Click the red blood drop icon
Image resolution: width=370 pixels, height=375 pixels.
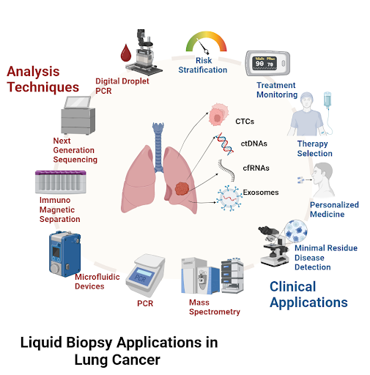pos(126,53)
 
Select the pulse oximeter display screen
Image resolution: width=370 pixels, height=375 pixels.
pos(264,63)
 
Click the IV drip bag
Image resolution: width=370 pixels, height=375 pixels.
pos(328,100)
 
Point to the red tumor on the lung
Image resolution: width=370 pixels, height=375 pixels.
pos(182,188)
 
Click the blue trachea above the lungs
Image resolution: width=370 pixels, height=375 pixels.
pos(158,147)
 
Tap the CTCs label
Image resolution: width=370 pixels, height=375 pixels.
pos(245,122)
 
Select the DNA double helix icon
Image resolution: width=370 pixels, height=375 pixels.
pos(224,144)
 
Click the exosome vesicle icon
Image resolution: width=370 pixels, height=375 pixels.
pos(229,198)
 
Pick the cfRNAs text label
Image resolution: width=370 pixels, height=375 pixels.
pos(256,168)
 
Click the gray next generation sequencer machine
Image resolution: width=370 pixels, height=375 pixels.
pos(78,115)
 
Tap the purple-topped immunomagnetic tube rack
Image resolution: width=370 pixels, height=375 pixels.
pos(61,182)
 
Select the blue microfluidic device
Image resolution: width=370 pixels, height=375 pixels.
pos(64,254)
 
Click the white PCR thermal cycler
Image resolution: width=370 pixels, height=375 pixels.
pos(146,275)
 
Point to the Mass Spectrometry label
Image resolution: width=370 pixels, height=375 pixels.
pos(215,307)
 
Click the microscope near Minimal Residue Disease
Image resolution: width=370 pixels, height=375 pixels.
pos(273,246)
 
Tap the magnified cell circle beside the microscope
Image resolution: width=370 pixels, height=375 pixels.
pos(296,231)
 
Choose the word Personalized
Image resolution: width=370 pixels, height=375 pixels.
pos(334,205)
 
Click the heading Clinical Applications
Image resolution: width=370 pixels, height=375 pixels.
pos(308,294)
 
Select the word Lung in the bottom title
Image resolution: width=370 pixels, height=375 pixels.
pos(91,360)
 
